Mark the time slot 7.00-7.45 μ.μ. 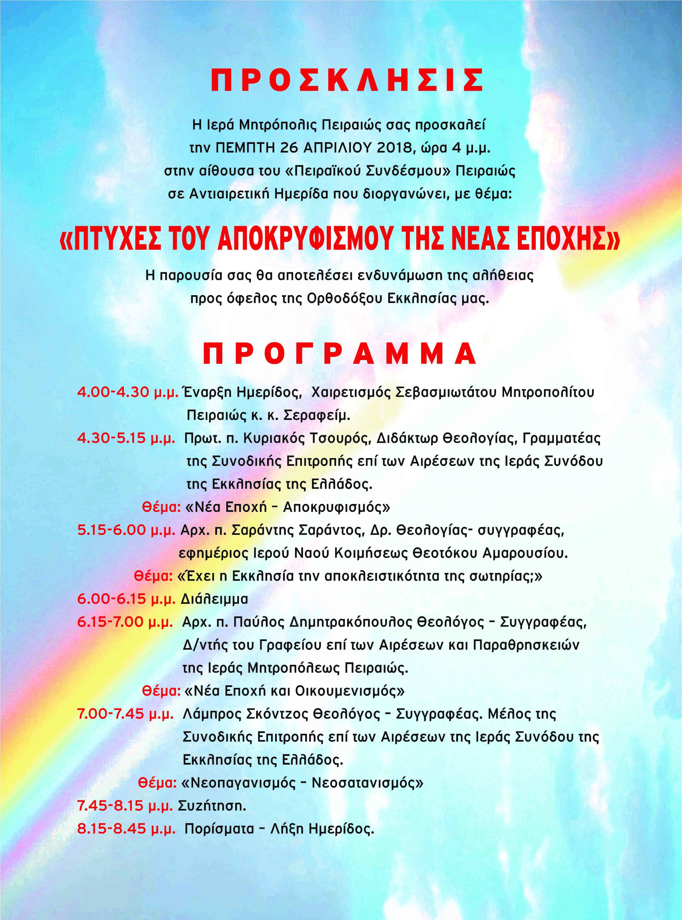(x=125, y=714)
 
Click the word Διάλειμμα (x=214, y=599)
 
